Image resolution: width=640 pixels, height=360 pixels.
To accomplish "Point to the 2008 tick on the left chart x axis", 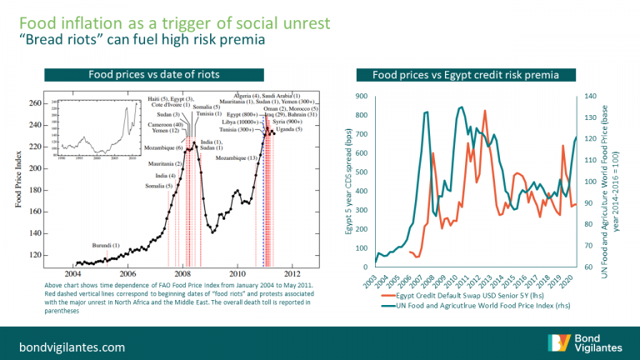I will tap(182, 273).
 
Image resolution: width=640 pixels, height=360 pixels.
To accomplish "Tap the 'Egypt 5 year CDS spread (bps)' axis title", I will tap(348, 179).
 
